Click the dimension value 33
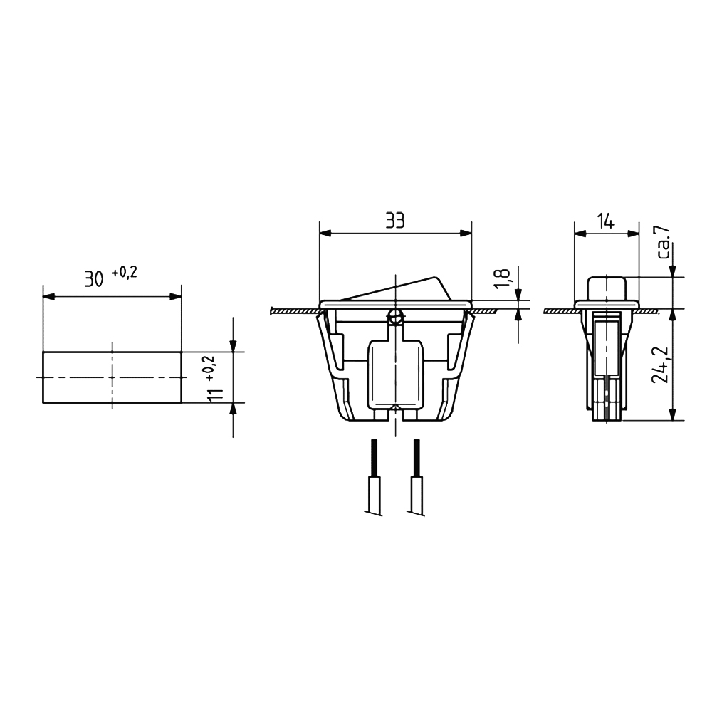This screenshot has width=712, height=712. click(395, 221)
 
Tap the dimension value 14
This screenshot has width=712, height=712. click(606, 222)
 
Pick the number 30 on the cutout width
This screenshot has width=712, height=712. click(94, 280)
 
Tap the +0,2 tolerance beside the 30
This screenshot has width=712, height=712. click(124, 273)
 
